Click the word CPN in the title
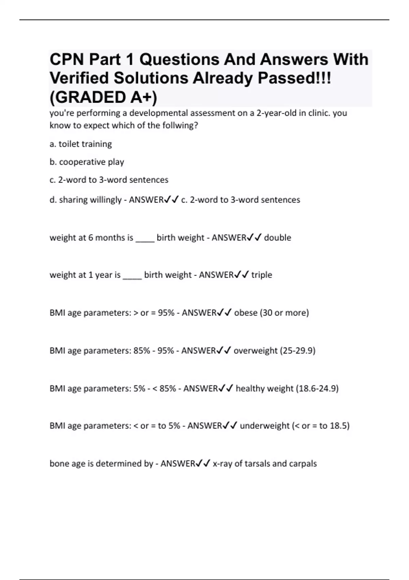click(x=66, y=60)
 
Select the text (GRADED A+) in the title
click(x=104, y=97)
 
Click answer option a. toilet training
click(x=81, y=144)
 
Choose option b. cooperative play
click(x=87, y=162)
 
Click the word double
click(x=277, y=237)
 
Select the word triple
click(x=262, y=275)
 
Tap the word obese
click(x=245, y=313)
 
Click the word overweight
click(x=255, y=350)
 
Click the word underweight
click(x=264, y=426)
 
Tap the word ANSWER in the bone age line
click(x=178, y=463)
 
